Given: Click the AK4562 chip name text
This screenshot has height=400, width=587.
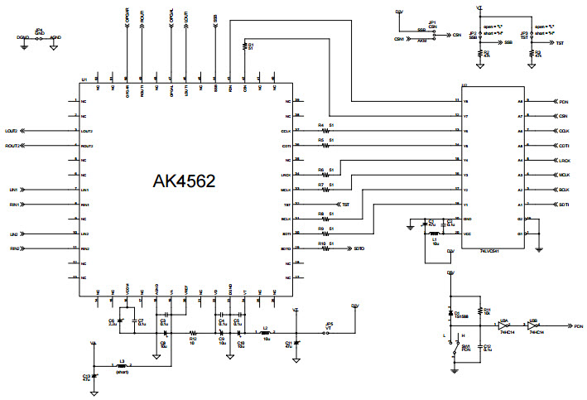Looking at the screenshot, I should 184,181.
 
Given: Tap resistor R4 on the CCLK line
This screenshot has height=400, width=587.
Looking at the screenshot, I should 325,131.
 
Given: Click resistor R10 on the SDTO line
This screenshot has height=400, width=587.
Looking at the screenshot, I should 325,248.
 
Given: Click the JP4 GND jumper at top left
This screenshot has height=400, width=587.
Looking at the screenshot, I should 39,37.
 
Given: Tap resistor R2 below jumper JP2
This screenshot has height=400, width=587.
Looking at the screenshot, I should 479,53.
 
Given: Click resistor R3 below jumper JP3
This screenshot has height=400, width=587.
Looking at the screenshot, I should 532,53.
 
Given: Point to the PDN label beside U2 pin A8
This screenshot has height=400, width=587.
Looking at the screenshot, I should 564,102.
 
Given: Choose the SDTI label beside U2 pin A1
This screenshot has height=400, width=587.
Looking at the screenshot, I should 564,205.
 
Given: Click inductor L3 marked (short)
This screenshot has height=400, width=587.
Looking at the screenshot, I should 122,366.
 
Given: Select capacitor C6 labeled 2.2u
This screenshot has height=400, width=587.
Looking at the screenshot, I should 121,320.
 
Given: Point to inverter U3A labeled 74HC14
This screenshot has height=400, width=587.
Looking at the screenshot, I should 504,326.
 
